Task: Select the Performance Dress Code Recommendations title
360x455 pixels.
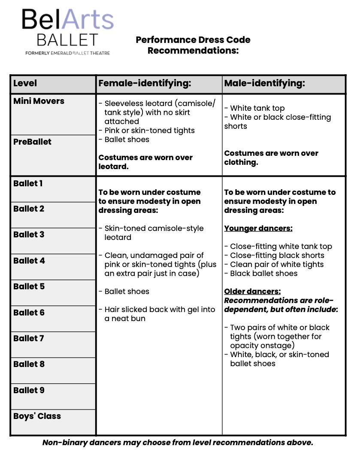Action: click(x=193, y=45)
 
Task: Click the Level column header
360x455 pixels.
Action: click(x=25, y=83)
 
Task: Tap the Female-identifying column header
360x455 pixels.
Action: click(x=145, y=83)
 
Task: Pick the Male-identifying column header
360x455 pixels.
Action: click(x=264, y=83)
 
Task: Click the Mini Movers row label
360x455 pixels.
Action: click(x=39, y=101)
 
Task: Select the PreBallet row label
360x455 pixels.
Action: click(x=32, y=142)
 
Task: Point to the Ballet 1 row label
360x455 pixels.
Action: click(x=28, y=184)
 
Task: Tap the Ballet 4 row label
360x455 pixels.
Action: click(x=29, y=261)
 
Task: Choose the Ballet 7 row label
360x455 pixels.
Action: click(x=29, y=338)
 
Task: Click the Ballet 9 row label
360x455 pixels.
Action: click(x=29, y=390)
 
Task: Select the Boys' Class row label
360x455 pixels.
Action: click(x=37, y=416)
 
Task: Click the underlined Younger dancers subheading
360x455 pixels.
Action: click(x=258, y=228)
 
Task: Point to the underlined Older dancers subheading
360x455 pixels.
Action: click(x=252, y=291)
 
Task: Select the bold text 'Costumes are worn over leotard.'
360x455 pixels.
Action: click(x=145, y=162)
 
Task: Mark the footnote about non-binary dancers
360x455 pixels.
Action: click(x=178, y=443)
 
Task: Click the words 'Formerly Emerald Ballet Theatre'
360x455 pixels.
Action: click(x=67, y=53)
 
